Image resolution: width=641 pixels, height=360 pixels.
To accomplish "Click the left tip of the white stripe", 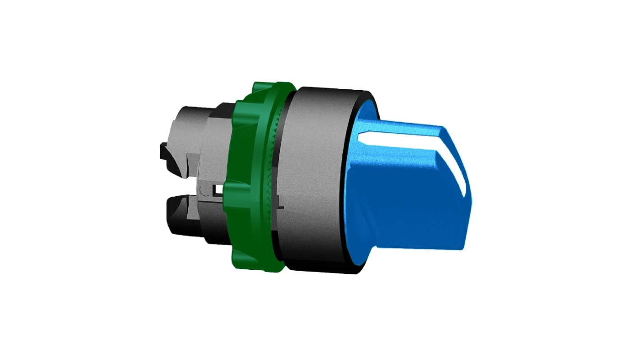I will [359, 134].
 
